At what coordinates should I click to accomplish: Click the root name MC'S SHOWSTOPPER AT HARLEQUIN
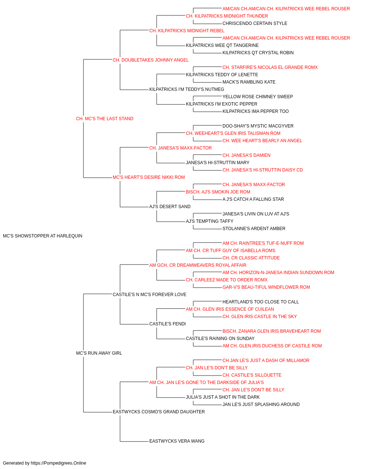pyautogui.click(x=42, y=236)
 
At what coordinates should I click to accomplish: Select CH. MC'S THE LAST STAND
pyautogui.click(x=105, y=119)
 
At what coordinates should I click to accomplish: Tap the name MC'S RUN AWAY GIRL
pyautogui.click(x=99, y=353)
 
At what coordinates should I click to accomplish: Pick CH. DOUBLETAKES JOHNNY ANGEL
pyautogui.click(x=151, y=60)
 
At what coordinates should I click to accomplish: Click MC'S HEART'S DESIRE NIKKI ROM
pyautogui.click(x=149, y=177)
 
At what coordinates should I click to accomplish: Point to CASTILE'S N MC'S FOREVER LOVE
pyautogui.click(x=149, y=294)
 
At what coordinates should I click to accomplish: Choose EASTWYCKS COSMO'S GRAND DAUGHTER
pyautogui.click(x=158, y=411)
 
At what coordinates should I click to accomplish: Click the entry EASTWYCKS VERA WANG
pyautogui.click(x=177, y=441)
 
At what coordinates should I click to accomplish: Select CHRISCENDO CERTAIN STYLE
pyautogui.click(x=255, y=23)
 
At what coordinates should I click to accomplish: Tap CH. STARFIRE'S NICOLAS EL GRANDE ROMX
pyautogui.click(x=270, y=67)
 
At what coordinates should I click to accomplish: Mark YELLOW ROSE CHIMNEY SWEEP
pyautogui.click(x=258, y=97)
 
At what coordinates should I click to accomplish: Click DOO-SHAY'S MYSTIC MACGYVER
pyautogui.click(x=258, y=126)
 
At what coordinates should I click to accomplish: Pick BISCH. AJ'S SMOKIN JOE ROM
pyautogui.click(x=218, y=192)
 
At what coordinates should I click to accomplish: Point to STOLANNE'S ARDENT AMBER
pyautogui.click(x=254, y=229)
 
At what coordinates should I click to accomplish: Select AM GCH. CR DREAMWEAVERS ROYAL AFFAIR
pyautogui.click(x=198, y=265)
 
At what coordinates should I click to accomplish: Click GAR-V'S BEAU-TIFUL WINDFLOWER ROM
pyautogui.click(x=266, y=287)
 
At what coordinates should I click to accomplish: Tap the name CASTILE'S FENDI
pyautogui.click(x=168, y=324)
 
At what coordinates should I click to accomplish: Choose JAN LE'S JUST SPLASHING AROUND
pyautogui.click(x=261, y=404)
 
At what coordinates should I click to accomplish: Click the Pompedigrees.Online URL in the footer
pyautogui.click(x=59, y=463)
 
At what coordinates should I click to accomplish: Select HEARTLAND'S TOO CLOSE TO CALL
pyautogui.click(x=261, y=302)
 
